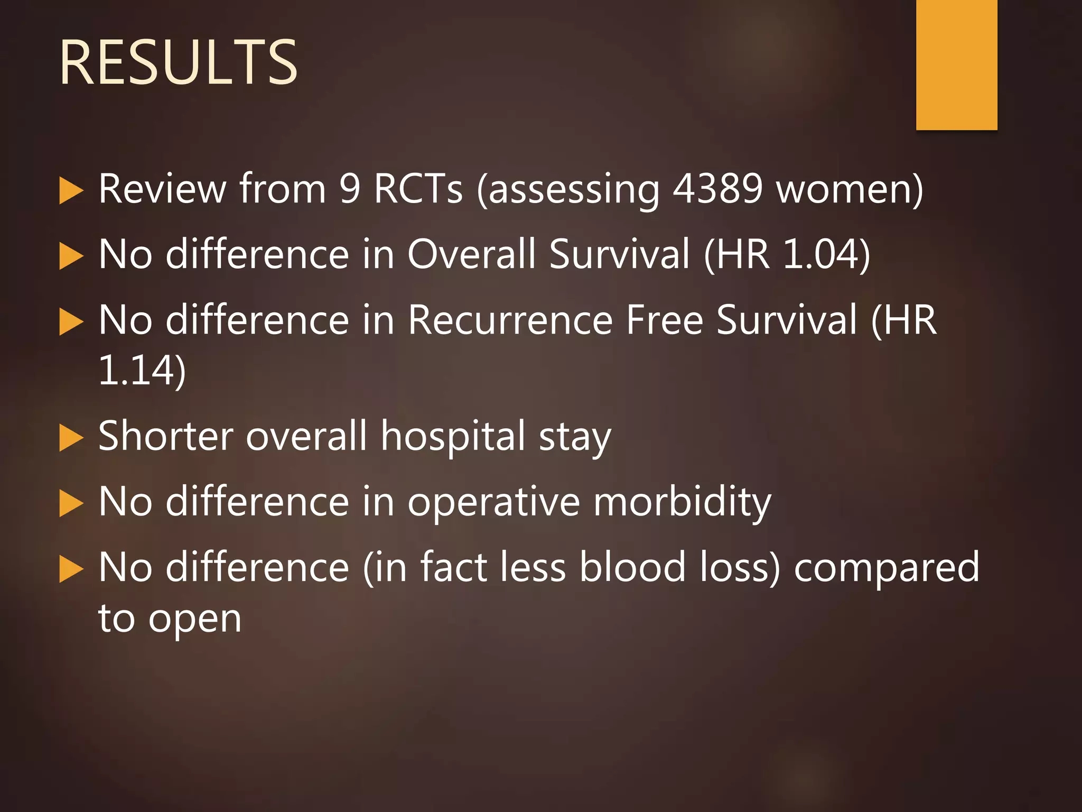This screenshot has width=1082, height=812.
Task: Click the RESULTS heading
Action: pyautogui.click(x=179, y=63)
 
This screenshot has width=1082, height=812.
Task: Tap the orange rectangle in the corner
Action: pyautogui.click(x=956, y=64)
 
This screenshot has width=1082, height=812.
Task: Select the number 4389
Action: pyautogui.click(x=717, y=189)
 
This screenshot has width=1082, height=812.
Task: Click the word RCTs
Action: pyautogui.click(x=418, y=189)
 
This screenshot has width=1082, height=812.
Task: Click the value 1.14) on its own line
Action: pyautogui.click(x=142, y=371)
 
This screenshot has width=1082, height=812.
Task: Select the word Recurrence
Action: pyautogui.click(x=510, y=320)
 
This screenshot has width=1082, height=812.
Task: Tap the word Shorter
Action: pyautogui.click(x=165, y=437)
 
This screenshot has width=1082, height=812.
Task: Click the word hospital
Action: pyautogui.click(x=453, y=437)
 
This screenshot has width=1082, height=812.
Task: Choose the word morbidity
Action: pyautogui.click(x=682, y=502)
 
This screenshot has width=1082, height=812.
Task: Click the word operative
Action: pyautogui.click(x=493, y=502)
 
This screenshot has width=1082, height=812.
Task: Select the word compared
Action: pyautogui.click(x=887, y=568)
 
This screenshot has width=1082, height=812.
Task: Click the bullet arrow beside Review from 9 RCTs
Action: pyautogui.click(x=71, y=190)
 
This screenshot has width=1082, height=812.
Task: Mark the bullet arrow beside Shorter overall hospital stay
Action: pyautogui.click(x=71, y=438)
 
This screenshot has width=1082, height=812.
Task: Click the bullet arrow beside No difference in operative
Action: pyautogui.click(x=71, y=503)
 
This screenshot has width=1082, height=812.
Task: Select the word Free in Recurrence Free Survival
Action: pyautogui.click(x=664, y=320)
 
